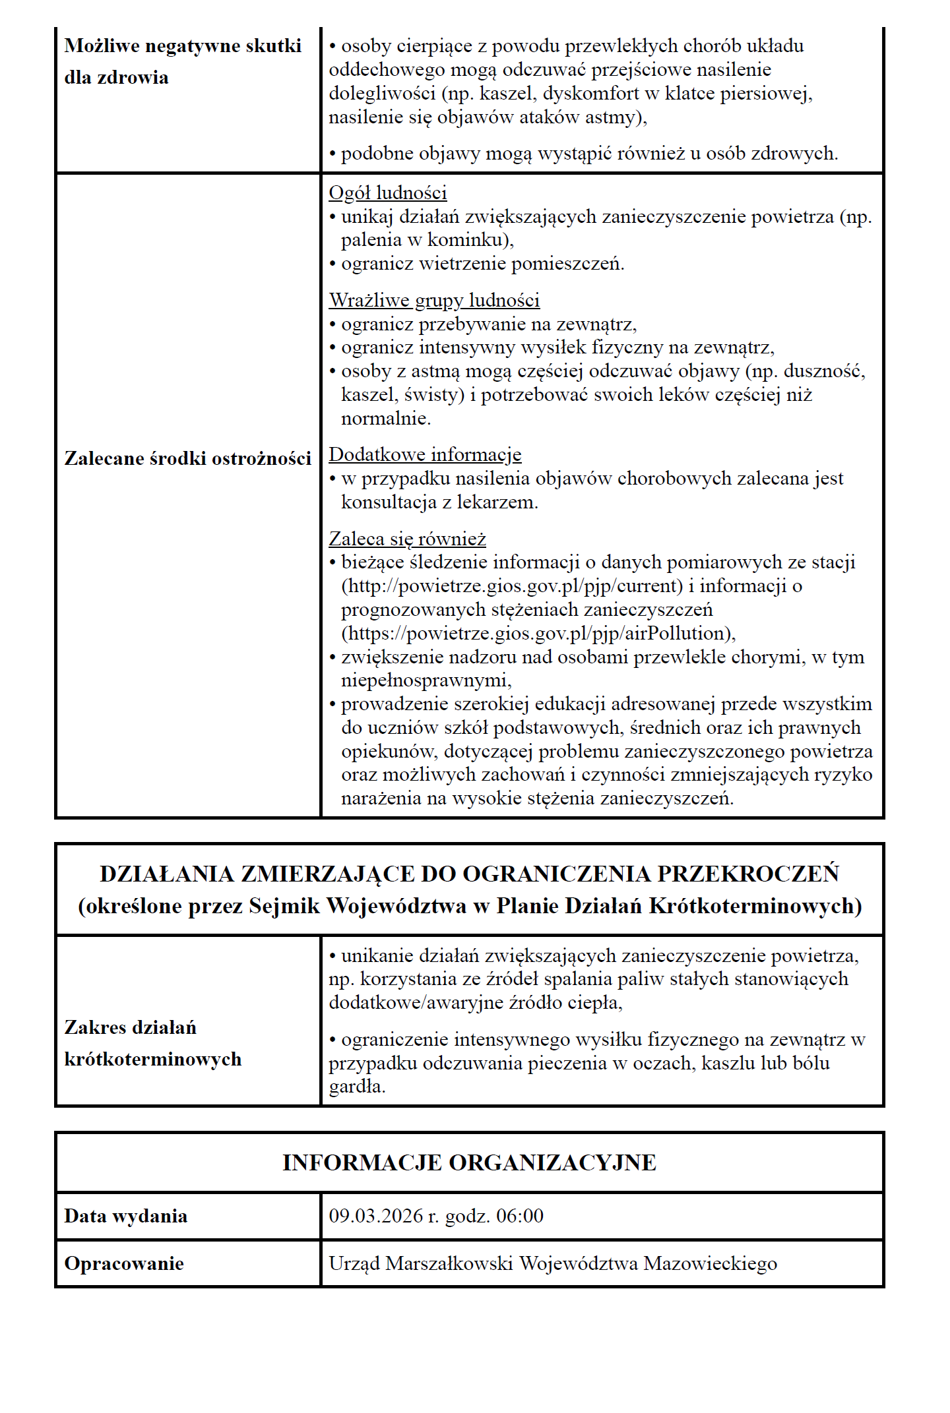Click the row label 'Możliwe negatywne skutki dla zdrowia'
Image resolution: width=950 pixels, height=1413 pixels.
pyautogui.click(x=183, y=61)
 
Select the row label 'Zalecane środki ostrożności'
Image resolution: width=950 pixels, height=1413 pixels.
pyautogui.click(x=187, y=458)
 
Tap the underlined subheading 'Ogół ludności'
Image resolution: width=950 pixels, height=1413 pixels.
pyautogui.click(x=388, y=193)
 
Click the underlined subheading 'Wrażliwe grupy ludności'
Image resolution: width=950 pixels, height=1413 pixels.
pyautogui.click(x=434, y=300)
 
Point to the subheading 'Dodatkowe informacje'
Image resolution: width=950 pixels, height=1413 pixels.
pyautogui.click(x=425, y=454)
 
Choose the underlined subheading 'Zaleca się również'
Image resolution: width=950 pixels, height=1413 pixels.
pyautogui.click(x=407, y=539)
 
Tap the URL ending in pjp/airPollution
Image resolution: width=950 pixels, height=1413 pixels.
pyautogui.click(x=538, y=633)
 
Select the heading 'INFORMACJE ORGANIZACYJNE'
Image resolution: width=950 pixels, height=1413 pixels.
pyautogui.click(x=469, y=1162)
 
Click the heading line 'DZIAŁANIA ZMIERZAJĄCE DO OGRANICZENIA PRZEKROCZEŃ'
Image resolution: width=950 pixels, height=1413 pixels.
pyautogui.click(x=469, y=874)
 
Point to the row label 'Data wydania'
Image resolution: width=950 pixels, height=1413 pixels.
pyautogui.click(x=125, y=1216)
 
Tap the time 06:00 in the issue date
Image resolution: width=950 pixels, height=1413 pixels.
pyautogui.click(x=520, y=1216)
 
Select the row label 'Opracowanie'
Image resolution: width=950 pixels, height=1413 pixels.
pyautogui.click(x=124, y=1263)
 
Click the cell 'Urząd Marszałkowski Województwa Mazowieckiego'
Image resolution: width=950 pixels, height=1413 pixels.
pyautogui.click(x=553, y=1263)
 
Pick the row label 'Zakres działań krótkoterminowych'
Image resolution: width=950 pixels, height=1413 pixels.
pyautogui.click(x=153, y=1043)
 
